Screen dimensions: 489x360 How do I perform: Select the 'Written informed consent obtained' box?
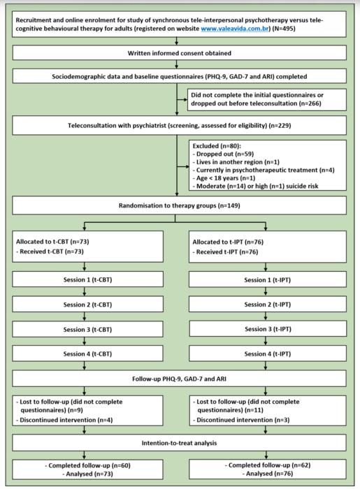click(x=180, y=53)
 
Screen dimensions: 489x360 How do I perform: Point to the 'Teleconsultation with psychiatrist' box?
click(x=180, y=127)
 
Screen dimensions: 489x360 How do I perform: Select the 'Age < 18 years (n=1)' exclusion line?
click(x=226, y=179)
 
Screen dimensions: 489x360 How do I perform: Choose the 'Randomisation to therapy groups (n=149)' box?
click(x=180, y=206)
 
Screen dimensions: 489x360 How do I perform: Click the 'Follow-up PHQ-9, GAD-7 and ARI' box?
click(x=180, y=378)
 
